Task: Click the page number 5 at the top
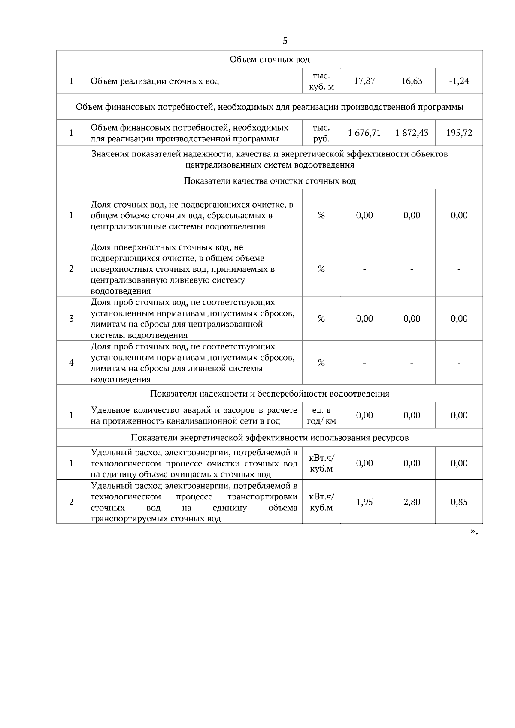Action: (285, 41)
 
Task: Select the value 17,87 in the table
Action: (364, 81)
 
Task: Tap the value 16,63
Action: (412, 81)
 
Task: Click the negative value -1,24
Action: (459, 81)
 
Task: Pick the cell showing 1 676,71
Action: (364, 133)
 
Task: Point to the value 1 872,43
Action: (412, 133)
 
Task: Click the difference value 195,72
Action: (459, 133)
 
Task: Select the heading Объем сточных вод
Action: (270, 59)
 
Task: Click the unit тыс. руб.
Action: (321, 133)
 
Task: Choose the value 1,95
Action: (364, 502)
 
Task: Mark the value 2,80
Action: (412, 502)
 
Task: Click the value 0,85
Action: (459, 502)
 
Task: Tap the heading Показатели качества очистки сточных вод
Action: (270, 181)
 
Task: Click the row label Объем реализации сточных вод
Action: (155, 81)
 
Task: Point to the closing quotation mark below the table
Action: (473, 532)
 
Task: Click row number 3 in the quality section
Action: (71, 319)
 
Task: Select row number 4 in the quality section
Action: (71, 363)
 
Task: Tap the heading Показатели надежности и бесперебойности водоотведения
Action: (270, 394)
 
